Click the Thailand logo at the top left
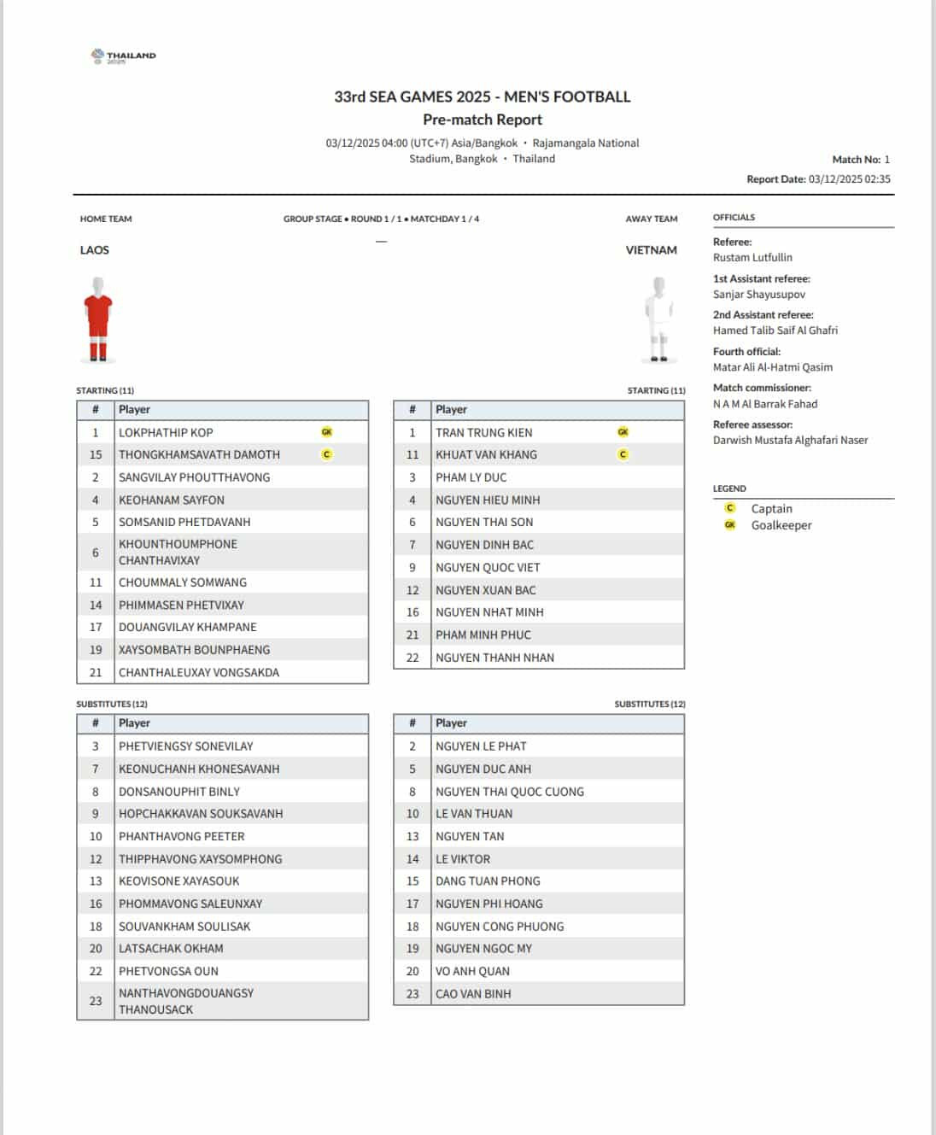click(123, 56)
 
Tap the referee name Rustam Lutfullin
click(752, 257)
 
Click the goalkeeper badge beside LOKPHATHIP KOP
click(326, 432)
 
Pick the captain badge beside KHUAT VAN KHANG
click(623, 454)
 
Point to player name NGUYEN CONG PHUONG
click(500, 926)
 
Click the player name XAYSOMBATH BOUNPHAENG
click(194, 650)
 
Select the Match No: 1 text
click(861, 160)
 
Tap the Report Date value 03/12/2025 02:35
click(849, 179)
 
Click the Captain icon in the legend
click(730, 508)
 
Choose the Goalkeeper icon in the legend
click(730, 525)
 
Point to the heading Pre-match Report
click(483, 120)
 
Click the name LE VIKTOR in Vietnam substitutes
click(463, 859)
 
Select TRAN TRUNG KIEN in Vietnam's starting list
click(483, 432)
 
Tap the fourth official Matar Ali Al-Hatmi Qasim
click(772, 367)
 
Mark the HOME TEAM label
click(106, 219)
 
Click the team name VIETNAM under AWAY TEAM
click(651, 250)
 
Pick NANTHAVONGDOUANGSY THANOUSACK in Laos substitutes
click(186, 1001)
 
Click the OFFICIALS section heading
click(734, 217)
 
